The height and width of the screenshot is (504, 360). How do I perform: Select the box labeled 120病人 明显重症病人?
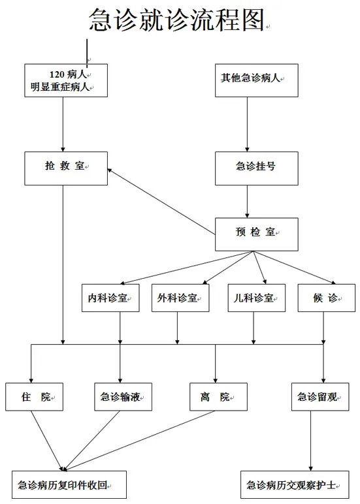(x=65, y=80)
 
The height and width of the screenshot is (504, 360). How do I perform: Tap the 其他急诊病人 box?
(x=256, y=80)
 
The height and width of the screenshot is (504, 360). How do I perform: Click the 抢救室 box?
(x=65, y=168)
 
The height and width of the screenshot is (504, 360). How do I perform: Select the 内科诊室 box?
(x=110, y=298)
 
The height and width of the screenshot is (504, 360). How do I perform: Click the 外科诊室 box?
(x=180, y=298)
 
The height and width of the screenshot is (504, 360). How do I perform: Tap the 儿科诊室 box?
(x=257, y=298)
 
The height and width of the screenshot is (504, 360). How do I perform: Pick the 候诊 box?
(x=326, y=298)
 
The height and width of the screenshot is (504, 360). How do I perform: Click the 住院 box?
(x=35, y=396)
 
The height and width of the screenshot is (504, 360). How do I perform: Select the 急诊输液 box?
(x=123, y=396)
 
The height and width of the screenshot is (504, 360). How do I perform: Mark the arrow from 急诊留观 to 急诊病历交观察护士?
(x=310, y=441)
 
